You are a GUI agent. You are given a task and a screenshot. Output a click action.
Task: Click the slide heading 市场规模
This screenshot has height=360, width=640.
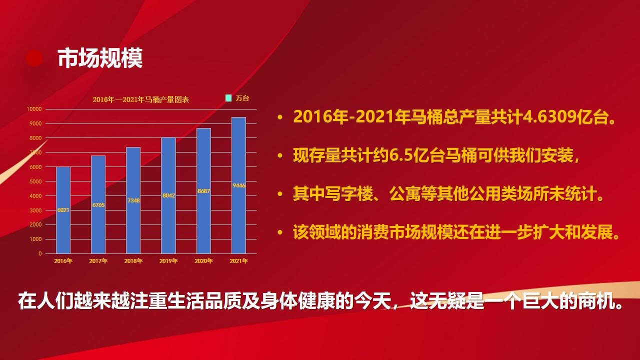[100, 58]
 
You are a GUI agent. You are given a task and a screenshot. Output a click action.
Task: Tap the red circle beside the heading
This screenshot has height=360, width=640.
[34, 58]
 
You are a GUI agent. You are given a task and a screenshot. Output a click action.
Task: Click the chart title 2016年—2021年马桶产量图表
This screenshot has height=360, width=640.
[141, 99]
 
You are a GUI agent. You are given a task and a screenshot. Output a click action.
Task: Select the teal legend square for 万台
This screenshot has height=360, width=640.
[228, 98]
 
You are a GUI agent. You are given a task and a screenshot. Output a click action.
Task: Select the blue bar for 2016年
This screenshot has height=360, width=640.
[63, 210]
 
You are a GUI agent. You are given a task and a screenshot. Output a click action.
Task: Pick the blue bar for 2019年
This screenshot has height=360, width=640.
[168, 195]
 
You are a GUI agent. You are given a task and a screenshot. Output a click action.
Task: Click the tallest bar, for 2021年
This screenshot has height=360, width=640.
[239, 185]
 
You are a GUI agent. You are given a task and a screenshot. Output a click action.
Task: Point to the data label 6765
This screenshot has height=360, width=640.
[98, 205]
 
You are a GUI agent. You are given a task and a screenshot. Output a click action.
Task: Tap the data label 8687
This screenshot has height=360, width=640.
[203, 191]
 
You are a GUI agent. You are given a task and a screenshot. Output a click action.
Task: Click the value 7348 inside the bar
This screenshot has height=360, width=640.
[133, 200]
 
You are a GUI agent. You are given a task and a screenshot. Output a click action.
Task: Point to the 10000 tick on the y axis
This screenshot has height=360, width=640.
[34, 109]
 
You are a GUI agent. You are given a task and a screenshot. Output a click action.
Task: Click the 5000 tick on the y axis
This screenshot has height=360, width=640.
[35, 181]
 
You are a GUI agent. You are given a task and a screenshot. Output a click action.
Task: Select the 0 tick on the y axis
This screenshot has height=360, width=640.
[40, 253]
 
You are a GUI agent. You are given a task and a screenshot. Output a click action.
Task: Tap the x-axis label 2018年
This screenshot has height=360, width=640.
[133, 261]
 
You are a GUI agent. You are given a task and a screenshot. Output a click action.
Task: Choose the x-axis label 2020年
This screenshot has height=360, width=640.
[203, 261]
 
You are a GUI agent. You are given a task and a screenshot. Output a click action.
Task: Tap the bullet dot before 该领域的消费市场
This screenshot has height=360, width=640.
[280, 232]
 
